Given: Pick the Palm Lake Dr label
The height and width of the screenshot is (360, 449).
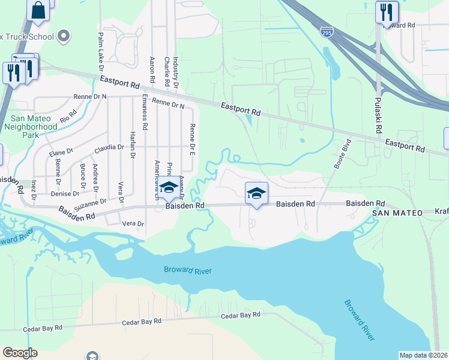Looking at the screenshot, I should pyautogui.click(x=101, y=49).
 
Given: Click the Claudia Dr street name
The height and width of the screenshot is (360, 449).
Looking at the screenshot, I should pyautogui.click(x=109, y=147).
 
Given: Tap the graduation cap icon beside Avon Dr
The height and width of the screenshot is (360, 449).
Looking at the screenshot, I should pyautogui.click(x=169, y=187).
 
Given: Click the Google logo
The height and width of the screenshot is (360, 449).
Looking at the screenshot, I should pyautogui.click(x=20, y=353).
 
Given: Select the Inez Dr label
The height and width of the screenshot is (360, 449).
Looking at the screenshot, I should pyautogui.click(x=34, y=189).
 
